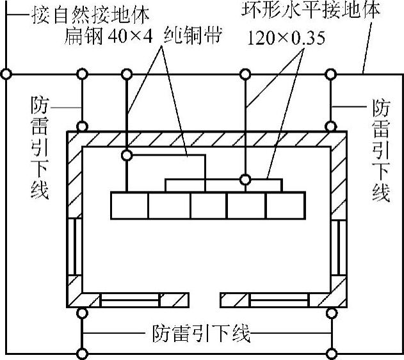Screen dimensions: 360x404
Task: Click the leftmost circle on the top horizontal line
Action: point(6,74)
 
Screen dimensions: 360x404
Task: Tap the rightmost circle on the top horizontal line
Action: point(331,74)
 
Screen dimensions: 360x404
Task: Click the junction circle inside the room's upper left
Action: point(127,155)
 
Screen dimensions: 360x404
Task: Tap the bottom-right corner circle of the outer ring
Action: point(331,353)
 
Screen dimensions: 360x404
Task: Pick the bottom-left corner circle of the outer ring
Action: point(82,353)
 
